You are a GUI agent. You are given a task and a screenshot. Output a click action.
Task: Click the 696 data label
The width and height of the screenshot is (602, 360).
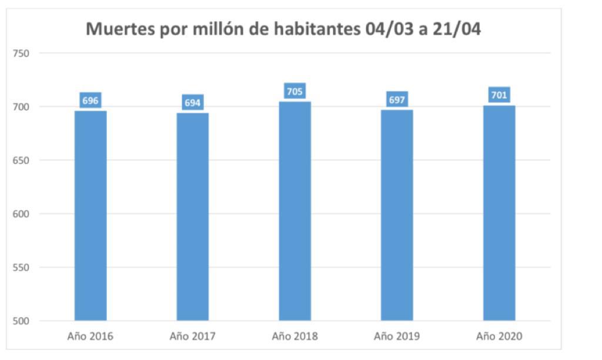coord(91,101)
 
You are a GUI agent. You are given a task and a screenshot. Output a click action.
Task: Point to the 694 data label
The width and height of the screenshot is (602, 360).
coord(193,103)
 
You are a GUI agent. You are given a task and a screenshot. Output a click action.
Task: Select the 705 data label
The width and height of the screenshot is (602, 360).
coord(295,91)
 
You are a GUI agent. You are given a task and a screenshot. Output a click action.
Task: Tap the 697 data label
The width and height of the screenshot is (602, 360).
coord(397,100)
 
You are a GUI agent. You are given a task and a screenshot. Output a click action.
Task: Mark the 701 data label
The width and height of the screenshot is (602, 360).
coord(499,95)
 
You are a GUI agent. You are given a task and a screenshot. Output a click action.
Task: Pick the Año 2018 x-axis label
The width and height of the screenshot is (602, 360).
coord(295,337)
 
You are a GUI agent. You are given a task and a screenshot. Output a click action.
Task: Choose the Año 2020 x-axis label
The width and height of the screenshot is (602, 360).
coord(499,337)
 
